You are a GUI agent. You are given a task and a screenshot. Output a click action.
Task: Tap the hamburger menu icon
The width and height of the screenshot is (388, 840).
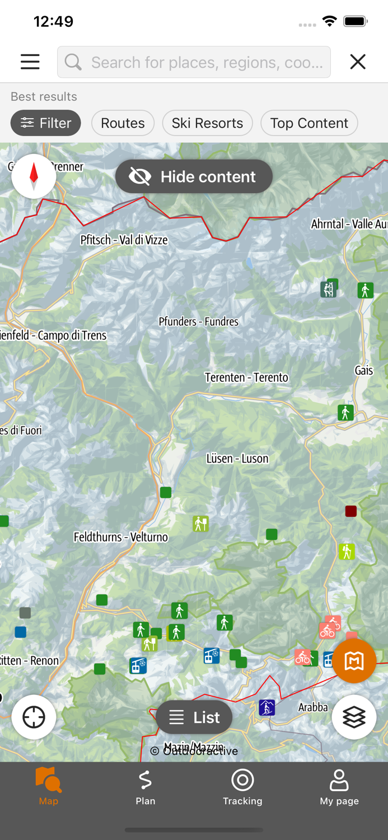tap(30, 62)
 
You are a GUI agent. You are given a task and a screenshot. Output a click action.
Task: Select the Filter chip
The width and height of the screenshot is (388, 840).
tap(46, 123)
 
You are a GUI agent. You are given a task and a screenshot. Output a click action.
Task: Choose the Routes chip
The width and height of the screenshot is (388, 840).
tap(123, 123)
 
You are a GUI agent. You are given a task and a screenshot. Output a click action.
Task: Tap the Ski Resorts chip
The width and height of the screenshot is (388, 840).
tap(207, 123)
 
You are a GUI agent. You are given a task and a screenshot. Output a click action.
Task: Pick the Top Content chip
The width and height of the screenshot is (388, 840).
tap(309, 123)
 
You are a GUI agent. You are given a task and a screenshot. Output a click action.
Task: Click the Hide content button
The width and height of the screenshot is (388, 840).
tap(194, 176)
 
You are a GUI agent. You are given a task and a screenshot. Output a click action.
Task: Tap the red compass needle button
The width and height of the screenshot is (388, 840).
tap(34, 176)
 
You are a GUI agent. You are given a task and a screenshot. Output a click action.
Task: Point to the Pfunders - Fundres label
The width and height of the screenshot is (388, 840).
tap(198, 321)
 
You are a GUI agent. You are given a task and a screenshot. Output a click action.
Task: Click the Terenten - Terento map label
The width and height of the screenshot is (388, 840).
tap(246, 377)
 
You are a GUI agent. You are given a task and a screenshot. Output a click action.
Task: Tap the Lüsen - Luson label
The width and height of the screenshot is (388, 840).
tap(237, 459)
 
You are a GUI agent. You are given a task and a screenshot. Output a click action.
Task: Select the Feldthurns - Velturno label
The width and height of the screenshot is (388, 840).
tap(121, 537)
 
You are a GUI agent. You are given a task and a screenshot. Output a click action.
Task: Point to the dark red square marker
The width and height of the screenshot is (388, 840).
tap(351, 511)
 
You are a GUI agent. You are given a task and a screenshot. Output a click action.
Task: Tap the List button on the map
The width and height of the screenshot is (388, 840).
tap(194, 717)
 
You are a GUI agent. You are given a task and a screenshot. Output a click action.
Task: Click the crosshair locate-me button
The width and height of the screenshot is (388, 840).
tap(34, 717)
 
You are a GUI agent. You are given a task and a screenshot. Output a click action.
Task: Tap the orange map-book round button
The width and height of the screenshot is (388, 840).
tap(354, 661)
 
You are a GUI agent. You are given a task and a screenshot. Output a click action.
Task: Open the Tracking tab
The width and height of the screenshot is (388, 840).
tap(242, 787)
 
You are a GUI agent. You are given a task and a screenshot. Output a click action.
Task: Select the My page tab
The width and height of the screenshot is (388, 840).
tap(339, 787)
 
